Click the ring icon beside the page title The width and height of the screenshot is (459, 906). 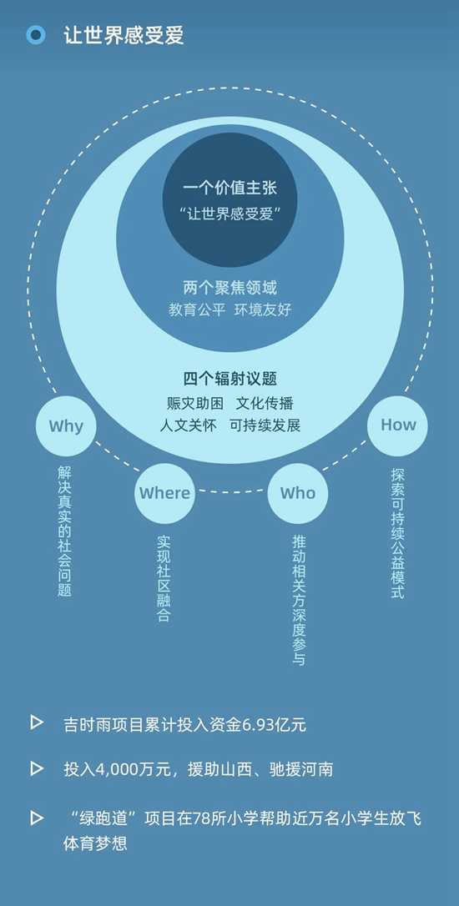tap(36, 35)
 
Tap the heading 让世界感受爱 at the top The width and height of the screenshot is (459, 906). tap(124, 35)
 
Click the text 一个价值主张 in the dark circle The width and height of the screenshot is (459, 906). tap(231, 189)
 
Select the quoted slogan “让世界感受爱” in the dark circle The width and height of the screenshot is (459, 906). tap(230, 214)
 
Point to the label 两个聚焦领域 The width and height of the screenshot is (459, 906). tap(230, 287)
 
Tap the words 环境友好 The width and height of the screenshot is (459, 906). tap(262, 310)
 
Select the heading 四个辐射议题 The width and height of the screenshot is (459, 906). tap(230, 379)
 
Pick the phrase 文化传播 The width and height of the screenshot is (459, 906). tap(265, 403)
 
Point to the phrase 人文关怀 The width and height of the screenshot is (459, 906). tap(188, 425)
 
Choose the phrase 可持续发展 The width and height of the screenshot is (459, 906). tap(265, 425)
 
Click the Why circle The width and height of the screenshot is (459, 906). tap(66, 425)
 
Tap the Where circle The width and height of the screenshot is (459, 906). tap(164, 493)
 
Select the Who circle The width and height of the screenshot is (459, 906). tap(298, 493)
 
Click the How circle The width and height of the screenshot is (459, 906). tap(398, 425)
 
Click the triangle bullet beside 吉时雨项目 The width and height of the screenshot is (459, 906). tap(37, 722)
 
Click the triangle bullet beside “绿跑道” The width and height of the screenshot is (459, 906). tap(37, 818)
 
